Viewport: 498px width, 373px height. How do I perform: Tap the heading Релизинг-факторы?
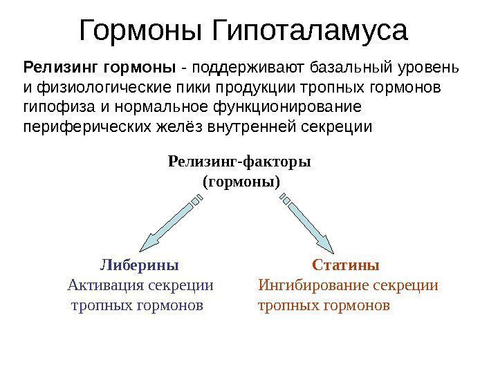(239, 162)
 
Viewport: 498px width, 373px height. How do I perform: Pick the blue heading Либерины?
(140, 265)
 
